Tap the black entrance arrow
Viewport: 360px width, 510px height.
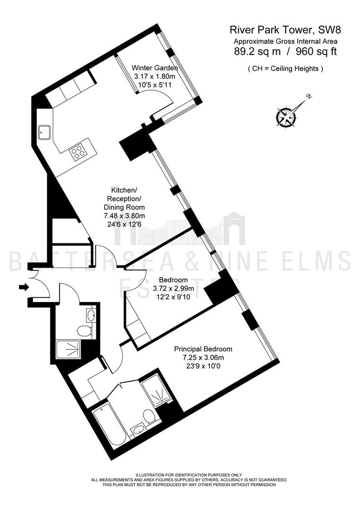pos(24,287)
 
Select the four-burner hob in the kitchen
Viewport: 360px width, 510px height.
pos(78,153)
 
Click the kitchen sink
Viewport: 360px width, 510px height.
pos(44,132)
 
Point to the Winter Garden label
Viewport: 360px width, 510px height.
pos(155,68)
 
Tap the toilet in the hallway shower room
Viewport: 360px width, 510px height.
pos(84,331)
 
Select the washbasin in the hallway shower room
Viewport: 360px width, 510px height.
pos(91,314)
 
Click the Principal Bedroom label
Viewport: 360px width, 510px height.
pos(203,349)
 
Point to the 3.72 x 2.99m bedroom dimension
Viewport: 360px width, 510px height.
pos(173,288)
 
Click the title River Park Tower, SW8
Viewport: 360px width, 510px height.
pos(285,30)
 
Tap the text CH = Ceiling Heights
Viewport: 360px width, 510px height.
pos(285,68)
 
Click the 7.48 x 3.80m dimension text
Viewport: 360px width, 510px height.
pos(124,216)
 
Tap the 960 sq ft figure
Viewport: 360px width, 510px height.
pos(316,51)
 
